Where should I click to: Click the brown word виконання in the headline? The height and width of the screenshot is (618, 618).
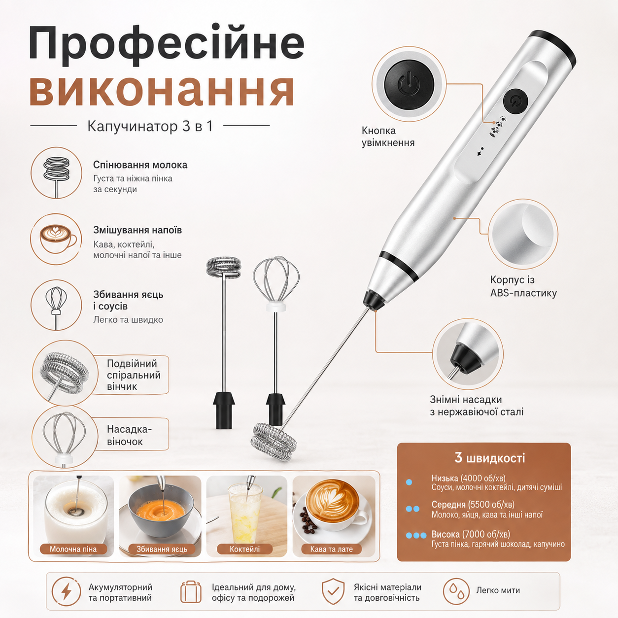(x=162, y=89)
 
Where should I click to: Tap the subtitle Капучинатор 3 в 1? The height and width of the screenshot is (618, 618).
(x=150, y=126)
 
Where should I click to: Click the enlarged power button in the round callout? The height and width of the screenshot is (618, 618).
(x=409, y=84)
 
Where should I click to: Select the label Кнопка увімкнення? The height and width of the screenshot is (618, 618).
(x=388, y=137)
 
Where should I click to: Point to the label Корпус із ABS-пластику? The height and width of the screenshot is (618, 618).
(x=523, y=286)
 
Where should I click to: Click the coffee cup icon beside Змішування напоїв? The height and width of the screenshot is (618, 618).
(x=58, y=239)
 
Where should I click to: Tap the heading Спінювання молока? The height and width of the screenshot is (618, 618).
(x=140, y=165)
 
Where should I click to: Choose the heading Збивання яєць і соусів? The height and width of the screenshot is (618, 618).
(x=128, y=300)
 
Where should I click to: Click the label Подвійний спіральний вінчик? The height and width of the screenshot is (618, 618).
(x=134, y=375)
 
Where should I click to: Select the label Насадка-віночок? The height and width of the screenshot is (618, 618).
(x=129, y=435)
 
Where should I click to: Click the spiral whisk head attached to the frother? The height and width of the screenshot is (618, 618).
(x=274, y=442)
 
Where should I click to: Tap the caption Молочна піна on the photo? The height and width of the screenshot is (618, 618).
(x=73, y=549)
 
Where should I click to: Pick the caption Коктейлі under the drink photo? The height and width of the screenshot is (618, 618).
(x=245, y=549)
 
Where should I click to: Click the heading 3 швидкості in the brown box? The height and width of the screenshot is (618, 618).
(x=489, y=458)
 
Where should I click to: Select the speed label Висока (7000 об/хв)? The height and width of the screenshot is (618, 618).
(x=471, y=534)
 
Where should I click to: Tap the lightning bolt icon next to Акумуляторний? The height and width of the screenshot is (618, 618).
(x=67, y=592)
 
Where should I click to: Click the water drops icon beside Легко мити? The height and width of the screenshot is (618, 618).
(x=456, y=592)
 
